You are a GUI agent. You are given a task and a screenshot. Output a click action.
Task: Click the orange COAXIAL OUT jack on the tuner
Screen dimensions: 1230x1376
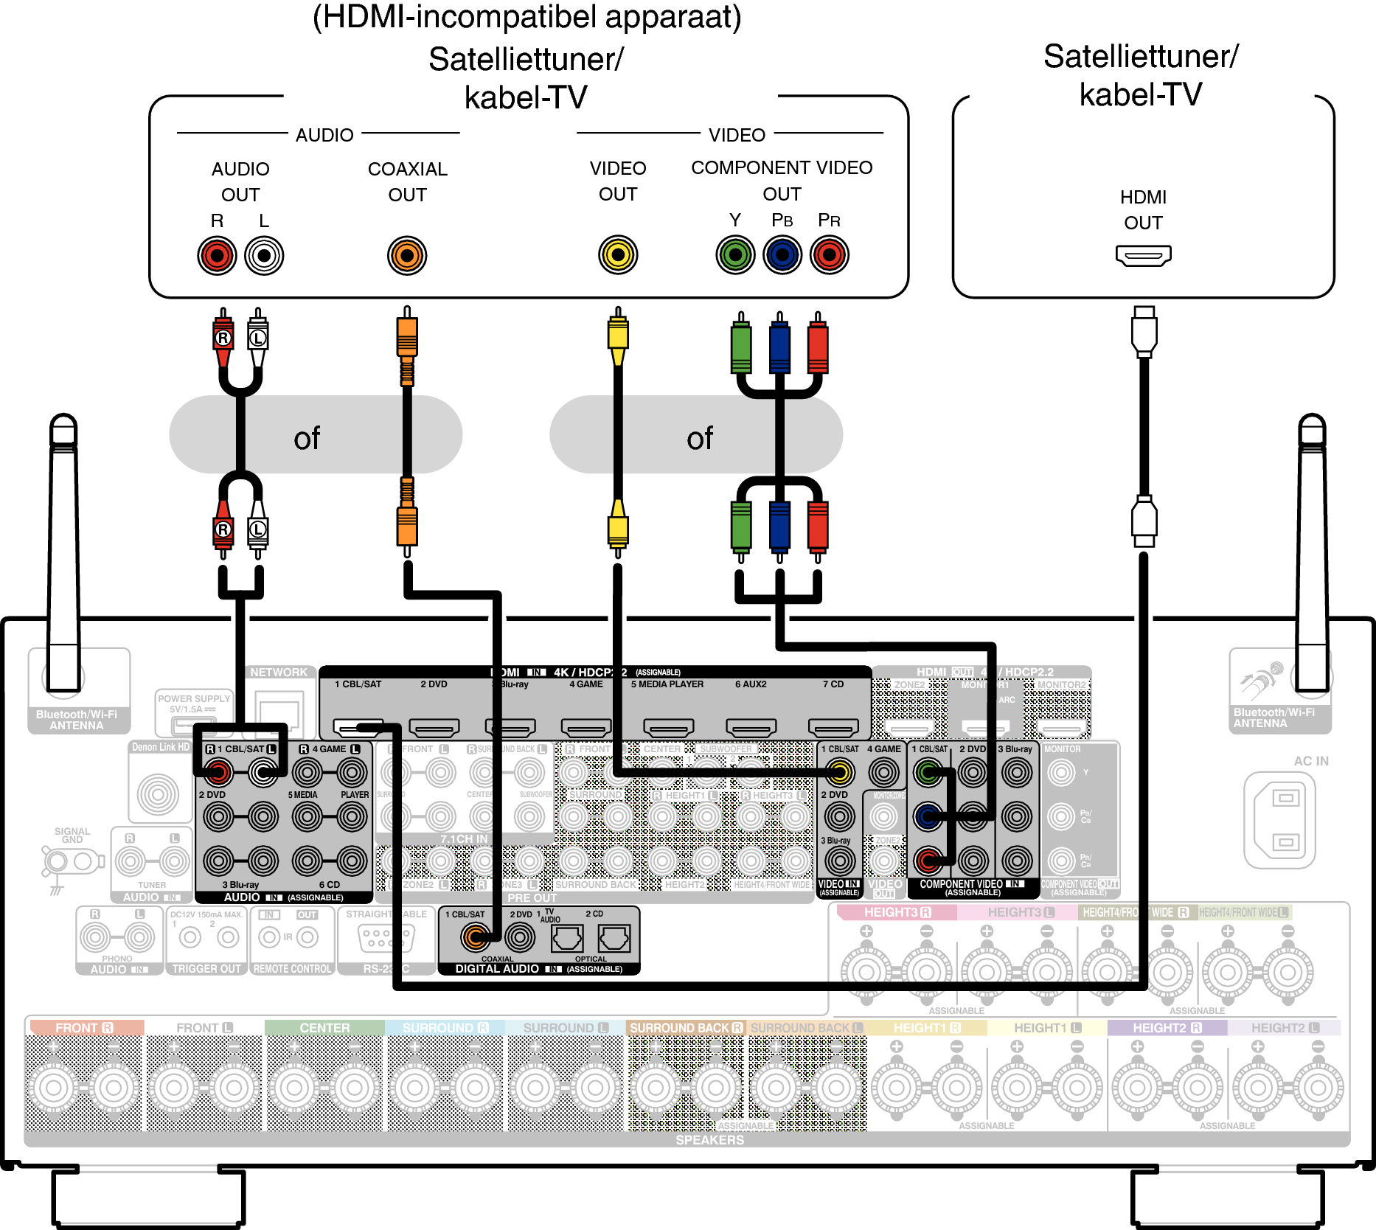click(x=407, y=256)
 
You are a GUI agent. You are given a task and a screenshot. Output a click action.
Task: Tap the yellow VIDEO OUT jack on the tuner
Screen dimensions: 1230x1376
click(x=618, y=256)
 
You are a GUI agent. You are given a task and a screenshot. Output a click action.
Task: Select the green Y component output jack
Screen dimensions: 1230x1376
click(x=735, y=256)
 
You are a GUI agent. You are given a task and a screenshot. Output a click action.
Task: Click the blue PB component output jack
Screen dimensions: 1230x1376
click(x=782, y=256)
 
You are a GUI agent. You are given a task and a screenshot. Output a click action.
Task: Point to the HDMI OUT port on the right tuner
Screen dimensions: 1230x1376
click(x=1143, y=256)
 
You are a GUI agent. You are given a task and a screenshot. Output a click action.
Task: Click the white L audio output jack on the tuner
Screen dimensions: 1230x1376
click(x=264, y=256)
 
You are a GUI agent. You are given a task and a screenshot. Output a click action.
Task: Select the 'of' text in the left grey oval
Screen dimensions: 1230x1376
click(x=307, y=439)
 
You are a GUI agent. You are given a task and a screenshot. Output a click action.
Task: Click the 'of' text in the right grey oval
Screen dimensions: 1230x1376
click(x=700, y=439)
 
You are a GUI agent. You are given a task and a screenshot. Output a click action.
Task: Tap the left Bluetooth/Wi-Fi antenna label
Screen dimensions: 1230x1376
click(x=77, y=720)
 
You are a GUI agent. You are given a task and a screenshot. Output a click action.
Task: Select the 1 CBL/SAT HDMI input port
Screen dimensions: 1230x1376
click(x=358, y=728)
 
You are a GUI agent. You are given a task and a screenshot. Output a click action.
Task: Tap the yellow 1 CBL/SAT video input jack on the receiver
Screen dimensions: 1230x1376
click(x=839, y=773)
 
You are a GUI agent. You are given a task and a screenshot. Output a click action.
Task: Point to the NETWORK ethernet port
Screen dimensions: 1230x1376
click(x=279, y=712)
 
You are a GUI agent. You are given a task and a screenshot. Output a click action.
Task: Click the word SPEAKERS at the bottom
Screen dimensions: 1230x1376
click(x=709, y=1140)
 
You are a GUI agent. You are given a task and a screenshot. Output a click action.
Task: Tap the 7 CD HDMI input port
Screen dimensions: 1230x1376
click(x=833, y=728)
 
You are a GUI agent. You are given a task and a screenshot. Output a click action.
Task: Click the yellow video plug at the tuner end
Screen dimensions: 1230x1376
click(x=618, y=336)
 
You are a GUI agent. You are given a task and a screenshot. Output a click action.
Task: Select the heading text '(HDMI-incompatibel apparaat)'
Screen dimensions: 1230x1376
click(x=527, y=18)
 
